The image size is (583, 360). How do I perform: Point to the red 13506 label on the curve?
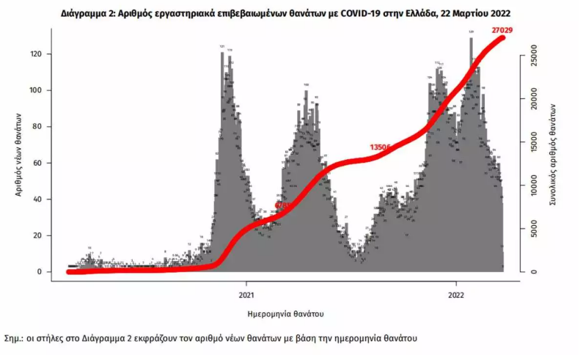380,147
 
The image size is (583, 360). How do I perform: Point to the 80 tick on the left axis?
44,127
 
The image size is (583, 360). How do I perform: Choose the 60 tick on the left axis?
44,163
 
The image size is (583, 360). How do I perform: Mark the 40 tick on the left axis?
44,199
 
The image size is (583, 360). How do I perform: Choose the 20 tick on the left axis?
44,235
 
